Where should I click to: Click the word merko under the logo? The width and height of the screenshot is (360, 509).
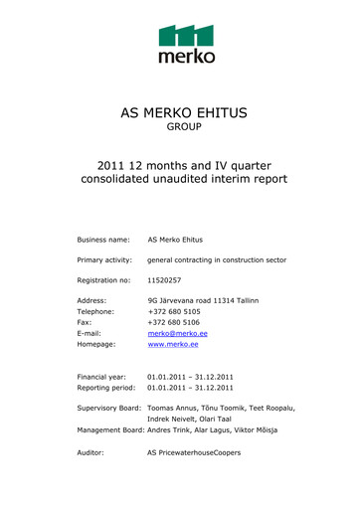pos(186,58)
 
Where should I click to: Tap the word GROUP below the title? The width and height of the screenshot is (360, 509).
pos(183,128)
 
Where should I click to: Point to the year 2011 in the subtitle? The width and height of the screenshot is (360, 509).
pos(113,164)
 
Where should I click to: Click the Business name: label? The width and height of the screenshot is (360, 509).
pos(104,240)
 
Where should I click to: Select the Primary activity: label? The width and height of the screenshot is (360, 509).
pos(107,259)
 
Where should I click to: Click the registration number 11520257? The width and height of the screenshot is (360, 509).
pos(164,279)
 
